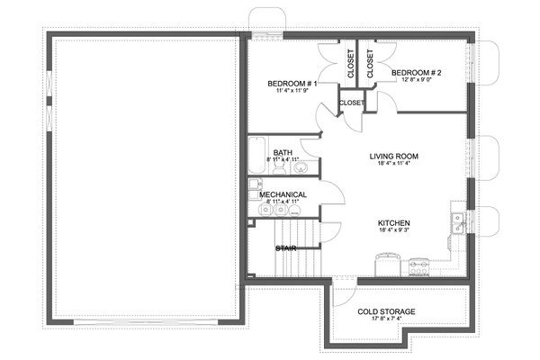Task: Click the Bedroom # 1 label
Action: click(x=290, y=84)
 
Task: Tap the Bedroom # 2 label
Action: click(x=415, y=72)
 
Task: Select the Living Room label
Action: click(x=394, y=156)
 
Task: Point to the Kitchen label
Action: click(x=394, y=221)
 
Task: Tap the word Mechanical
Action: click(x=283, y=194)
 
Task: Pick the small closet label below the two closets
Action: click(x=352, y=103)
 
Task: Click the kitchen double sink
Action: click(x=457, y=217)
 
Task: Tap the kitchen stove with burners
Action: click(x=419, y=265)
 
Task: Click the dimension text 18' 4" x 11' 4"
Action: click(x=394, y=165)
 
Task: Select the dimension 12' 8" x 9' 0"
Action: click(x=415, y=80)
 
